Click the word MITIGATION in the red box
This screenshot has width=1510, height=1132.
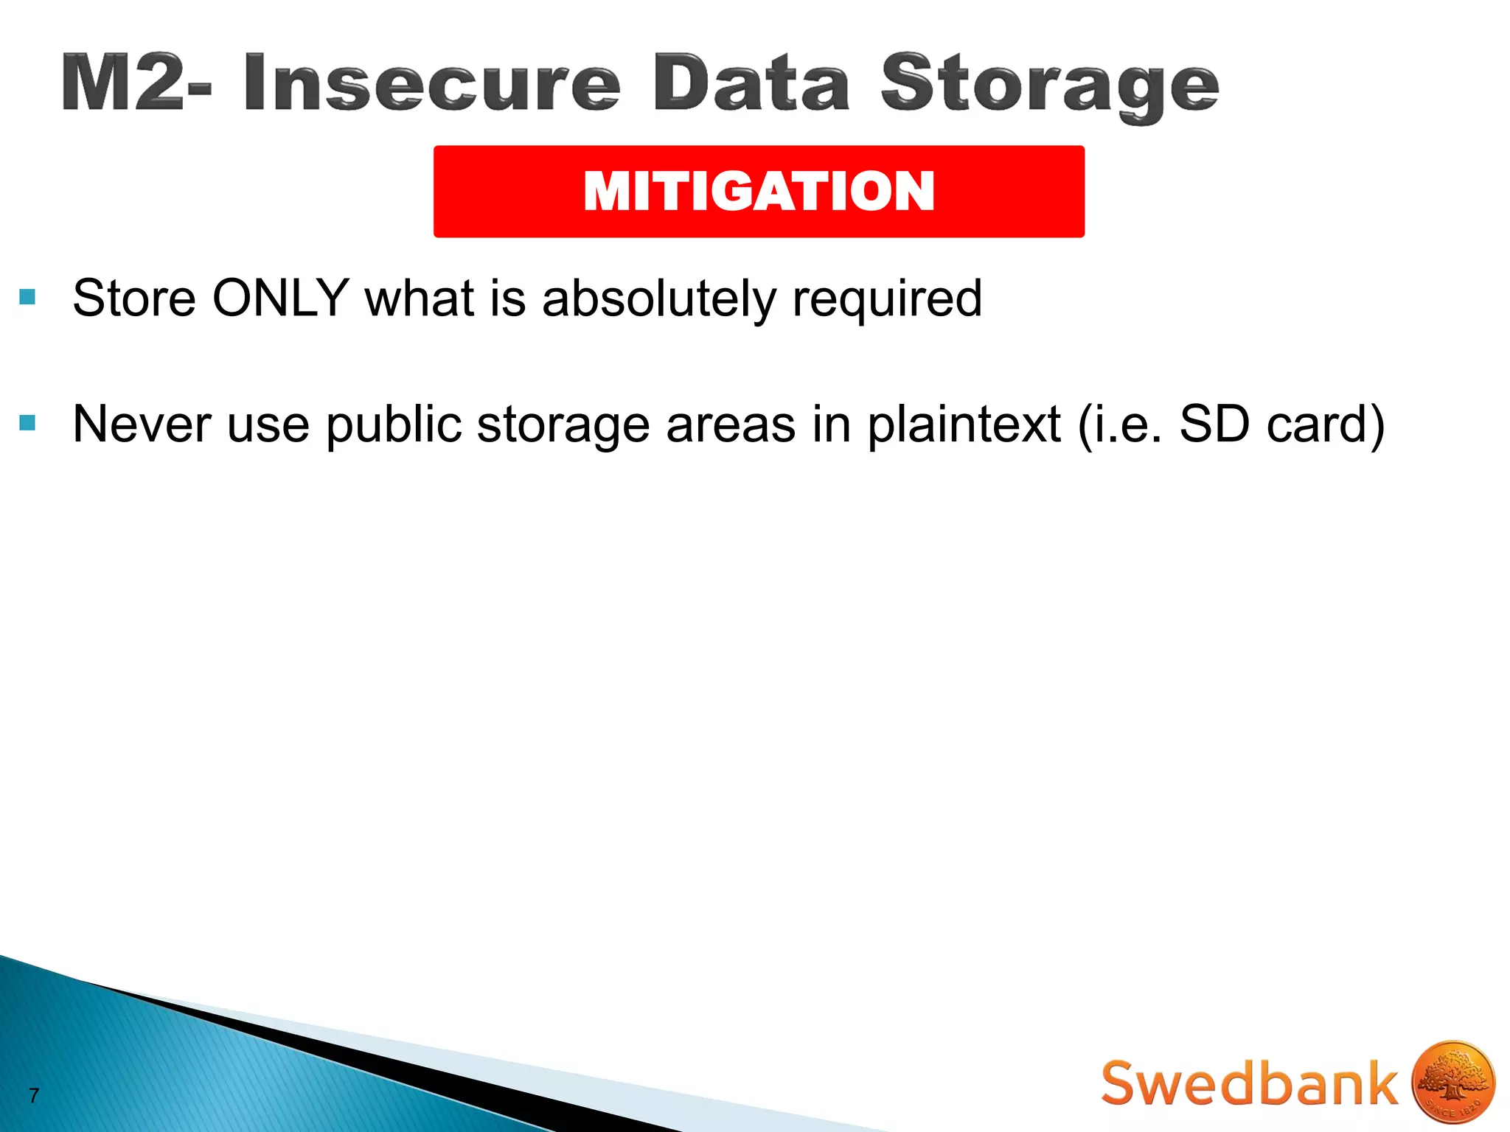[759, 192]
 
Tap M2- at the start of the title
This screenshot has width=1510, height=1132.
[136, 83]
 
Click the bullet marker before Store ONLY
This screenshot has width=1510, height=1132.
[27, 298]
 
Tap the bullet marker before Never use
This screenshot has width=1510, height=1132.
[27, 423]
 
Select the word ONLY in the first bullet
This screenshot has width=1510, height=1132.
[280, 298]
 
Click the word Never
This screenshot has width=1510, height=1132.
[142, 424]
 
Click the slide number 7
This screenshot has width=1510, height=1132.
[34, 1095]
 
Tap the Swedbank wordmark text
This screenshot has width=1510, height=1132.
[1249, 1083]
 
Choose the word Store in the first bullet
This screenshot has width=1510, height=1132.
[134, 298]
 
